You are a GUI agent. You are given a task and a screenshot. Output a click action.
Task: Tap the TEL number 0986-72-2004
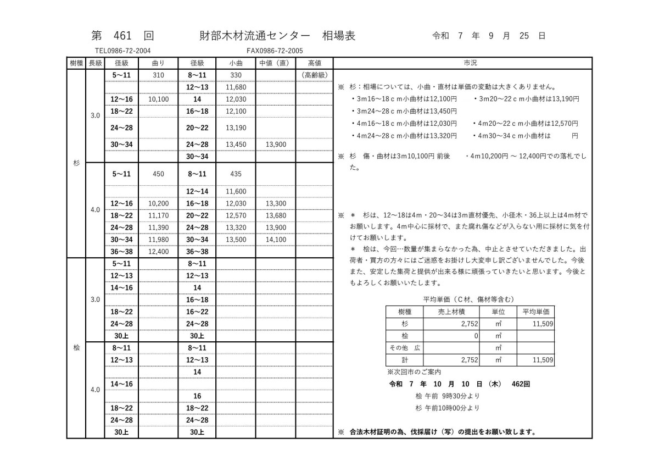(x=123, y=51)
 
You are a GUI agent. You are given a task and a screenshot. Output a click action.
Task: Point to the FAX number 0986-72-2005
(x=275, y=51)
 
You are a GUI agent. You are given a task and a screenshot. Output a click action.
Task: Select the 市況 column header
(x=462, y=63)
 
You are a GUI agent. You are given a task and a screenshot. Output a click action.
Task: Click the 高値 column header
(x=315, y=63)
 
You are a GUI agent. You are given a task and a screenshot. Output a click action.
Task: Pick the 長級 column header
(x=96, y=63)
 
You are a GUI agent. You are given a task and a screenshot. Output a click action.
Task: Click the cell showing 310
(x=158, y=75)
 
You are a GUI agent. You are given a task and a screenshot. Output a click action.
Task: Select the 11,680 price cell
(x=236, y=87)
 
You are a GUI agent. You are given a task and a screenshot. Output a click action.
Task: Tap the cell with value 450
(x=158, y=174)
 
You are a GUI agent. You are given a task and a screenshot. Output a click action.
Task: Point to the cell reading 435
(x=236, y=174)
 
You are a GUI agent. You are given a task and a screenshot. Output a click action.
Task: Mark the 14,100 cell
(x=276, y=240)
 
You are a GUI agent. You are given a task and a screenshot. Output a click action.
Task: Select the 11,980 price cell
(x=158, y=240)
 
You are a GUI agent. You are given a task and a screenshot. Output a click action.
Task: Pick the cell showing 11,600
(x=236, y=192)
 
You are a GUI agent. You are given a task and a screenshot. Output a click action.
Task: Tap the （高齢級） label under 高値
(x=315, y=75)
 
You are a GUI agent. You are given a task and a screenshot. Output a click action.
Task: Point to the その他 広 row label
(x=405, y=348)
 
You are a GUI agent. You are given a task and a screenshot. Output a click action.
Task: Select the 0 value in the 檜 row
(x=476, y=336)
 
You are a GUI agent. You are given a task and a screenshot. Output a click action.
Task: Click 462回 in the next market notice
(x=520, y=384)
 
